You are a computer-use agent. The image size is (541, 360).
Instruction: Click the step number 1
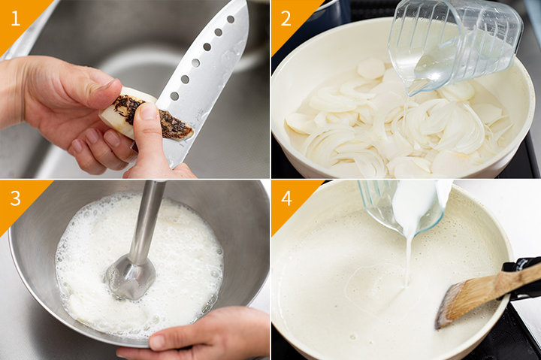click(x=16, y=19)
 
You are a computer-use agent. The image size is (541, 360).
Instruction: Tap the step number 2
click(x=286, y=19)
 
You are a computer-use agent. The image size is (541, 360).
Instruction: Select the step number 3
click(x=16, y=199)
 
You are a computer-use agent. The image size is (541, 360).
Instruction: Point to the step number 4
click(x=287, y=199)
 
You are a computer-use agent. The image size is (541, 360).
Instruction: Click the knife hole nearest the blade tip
click(x=231, y=20)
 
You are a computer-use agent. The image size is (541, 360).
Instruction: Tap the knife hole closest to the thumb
click(x=174, y=96)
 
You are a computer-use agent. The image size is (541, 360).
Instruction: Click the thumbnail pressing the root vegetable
click(x=149, y=111)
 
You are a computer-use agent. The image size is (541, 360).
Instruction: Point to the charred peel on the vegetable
click(x=152, y=116)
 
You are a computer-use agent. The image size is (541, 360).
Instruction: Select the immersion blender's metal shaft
click(x=146, y=221)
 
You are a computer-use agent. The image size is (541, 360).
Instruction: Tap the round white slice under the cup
click(x=371, y=68)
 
